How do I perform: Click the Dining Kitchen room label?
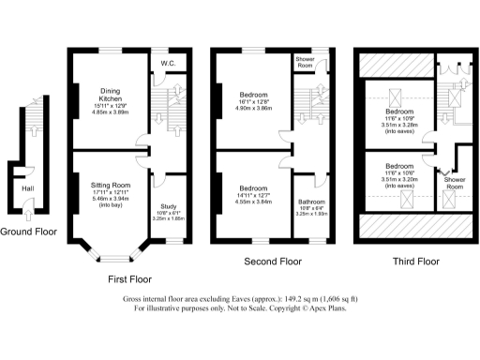[x=111, y=94]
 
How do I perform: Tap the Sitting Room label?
[x=111, y=186]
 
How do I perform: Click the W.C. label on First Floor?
[x=169, y=64]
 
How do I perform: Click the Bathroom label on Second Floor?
[x=311, y=202]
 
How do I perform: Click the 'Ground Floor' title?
[x=27, y=231]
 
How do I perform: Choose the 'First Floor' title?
[x=128, y=278]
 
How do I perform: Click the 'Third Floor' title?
[x=415, y=262]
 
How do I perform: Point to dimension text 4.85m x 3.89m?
[x=111, y=112]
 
